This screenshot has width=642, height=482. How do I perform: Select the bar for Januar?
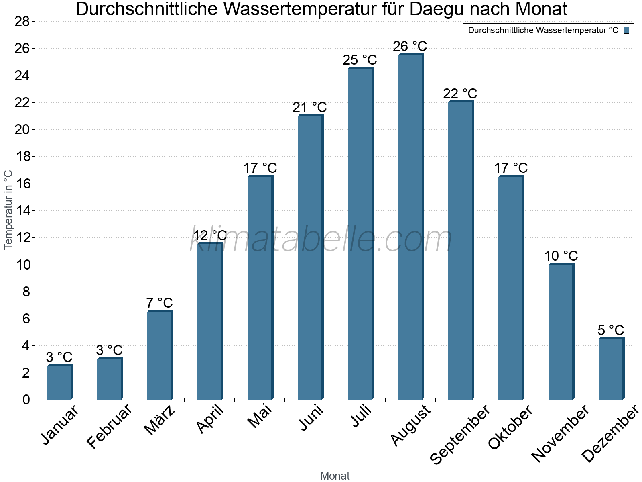click(x=59, y=382)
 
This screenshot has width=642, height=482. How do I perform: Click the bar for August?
click(x=410, y=227)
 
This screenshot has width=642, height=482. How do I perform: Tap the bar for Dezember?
click(x=611, y=369)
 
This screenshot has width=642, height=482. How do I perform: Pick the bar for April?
click(x=210, y=321)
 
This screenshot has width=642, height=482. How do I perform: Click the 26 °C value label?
click(x=410, y=46)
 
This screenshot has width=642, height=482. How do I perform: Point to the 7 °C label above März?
click(x=159, y=303)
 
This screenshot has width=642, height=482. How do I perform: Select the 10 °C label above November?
click(x=561, y=256)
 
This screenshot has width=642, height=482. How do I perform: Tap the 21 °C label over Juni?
click(x=310, y=108)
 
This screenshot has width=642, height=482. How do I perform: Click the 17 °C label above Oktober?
click(x=511, y=168)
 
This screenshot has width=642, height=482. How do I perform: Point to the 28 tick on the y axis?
click(x=22, y=21)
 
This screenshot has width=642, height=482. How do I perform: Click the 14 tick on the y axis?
click(x=22, y=210)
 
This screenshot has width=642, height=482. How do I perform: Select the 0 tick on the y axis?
click(x=26, y=400)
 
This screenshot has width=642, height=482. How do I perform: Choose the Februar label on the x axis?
click(x=109, y=426)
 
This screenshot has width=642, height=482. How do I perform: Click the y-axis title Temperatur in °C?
click(x=8, y=210)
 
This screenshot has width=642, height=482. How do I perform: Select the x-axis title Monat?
click(x=335, y=476)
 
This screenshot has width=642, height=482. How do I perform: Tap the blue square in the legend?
click(x=627, y=30)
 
